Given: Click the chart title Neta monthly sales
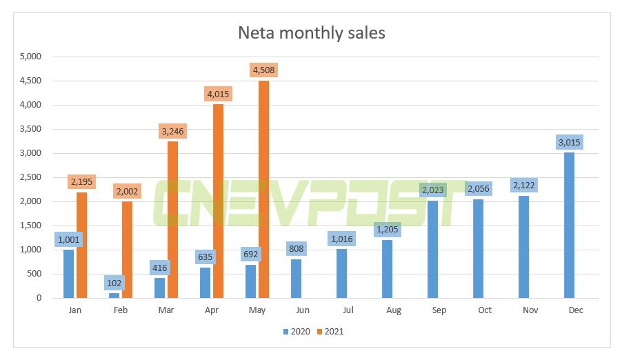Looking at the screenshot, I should (x=310, y=32).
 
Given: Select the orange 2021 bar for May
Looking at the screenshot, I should (x=263, y=190).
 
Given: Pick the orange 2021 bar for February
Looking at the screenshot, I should (x=127, y=250).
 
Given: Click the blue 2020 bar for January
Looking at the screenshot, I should (x=69, y=274).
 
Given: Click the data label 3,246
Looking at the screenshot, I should (x=172, y=131).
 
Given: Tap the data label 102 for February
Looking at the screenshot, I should (x=114, y=283).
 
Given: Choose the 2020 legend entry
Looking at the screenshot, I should (x=297, y=332).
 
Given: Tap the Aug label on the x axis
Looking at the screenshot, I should (x=394, y=310).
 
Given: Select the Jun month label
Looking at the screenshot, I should (x=303, y=310).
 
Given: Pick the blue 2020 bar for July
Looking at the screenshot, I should (x=341, y=274).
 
